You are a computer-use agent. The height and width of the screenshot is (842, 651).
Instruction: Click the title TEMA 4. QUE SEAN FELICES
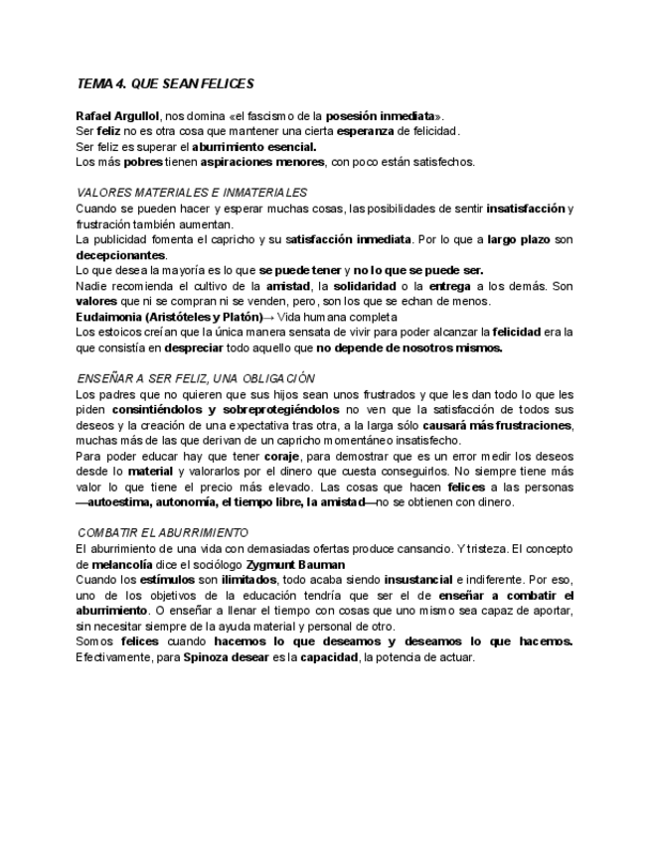click(166, 84)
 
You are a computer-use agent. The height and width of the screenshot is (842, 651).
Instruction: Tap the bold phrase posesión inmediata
click(382, 115)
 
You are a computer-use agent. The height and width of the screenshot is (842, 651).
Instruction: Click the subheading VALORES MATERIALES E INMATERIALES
click(192, 193)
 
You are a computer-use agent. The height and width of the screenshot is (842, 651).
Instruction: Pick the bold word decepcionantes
click(121, 254)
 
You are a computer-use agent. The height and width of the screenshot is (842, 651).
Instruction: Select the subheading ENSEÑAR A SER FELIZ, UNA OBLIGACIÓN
click(196, 378)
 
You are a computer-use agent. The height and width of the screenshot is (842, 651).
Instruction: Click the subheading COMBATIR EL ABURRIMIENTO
click(163, 533)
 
